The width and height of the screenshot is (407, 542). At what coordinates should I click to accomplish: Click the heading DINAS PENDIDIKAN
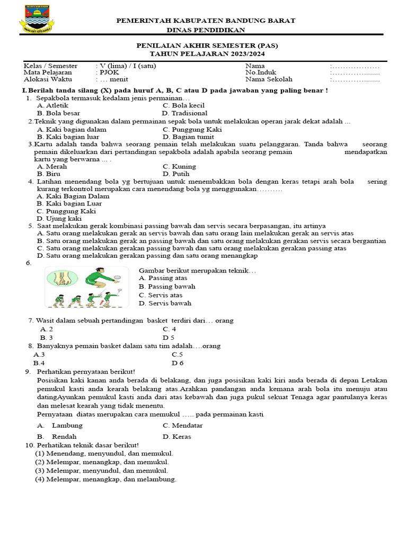pos(206,30)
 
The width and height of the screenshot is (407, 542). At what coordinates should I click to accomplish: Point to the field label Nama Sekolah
pos(269,79)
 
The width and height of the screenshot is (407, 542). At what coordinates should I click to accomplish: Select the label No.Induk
pos(261,73)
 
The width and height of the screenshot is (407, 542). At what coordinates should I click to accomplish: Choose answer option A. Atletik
pos(52,105)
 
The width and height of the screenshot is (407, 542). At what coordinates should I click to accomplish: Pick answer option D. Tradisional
pos(185,113)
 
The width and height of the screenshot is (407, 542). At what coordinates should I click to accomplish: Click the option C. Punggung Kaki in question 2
pos(192,129)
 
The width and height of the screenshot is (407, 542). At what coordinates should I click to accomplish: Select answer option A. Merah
pos(52,166)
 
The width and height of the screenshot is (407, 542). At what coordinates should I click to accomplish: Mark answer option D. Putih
pos(176,174)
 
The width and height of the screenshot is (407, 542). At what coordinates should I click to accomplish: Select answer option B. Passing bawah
pos(167,286)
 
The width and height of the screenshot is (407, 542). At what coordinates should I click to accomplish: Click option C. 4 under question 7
pos(169,329)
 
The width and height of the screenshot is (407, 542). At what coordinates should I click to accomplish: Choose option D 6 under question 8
pos(177,363)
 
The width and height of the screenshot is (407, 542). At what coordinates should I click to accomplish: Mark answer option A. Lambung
pos(60,426)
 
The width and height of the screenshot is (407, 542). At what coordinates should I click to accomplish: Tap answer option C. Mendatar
pos(183,426)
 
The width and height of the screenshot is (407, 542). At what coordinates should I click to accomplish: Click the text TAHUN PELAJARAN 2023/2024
pos(207,54)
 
